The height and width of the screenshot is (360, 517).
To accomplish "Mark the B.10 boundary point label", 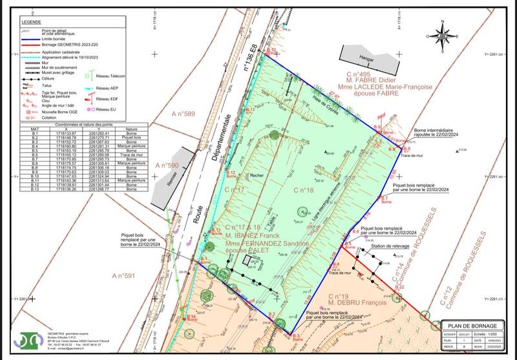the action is click(x=271, y=50).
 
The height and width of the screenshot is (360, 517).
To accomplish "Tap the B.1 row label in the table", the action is click(x=30, y=134).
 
